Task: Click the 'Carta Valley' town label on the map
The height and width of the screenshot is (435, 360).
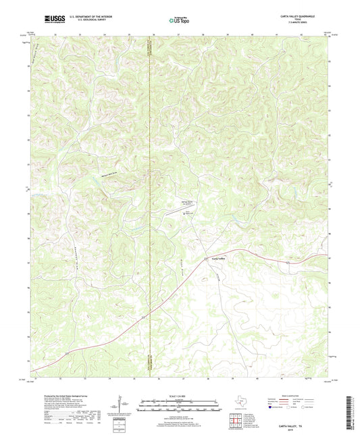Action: pyautogui.click(x=217, y=258)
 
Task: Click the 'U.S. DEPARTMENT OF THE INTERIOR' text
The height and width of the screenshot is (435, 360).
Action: pyautogui.click(x=86, y=16)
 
